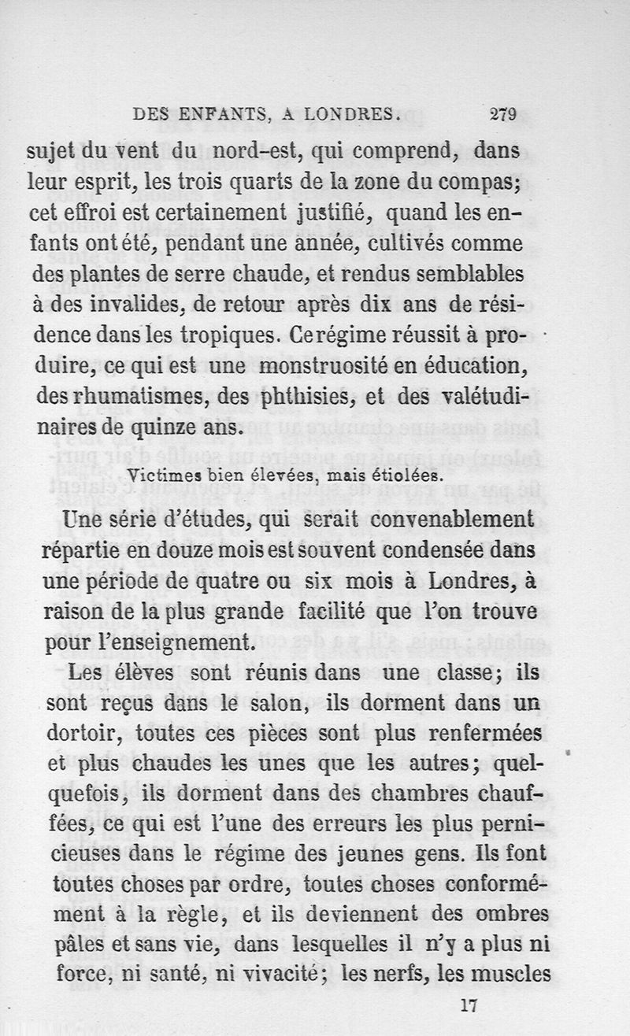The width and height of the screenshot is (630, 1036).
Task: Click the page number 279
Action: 502,113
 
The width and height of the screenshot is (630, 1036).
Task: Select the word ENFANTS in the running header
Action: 224,114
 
